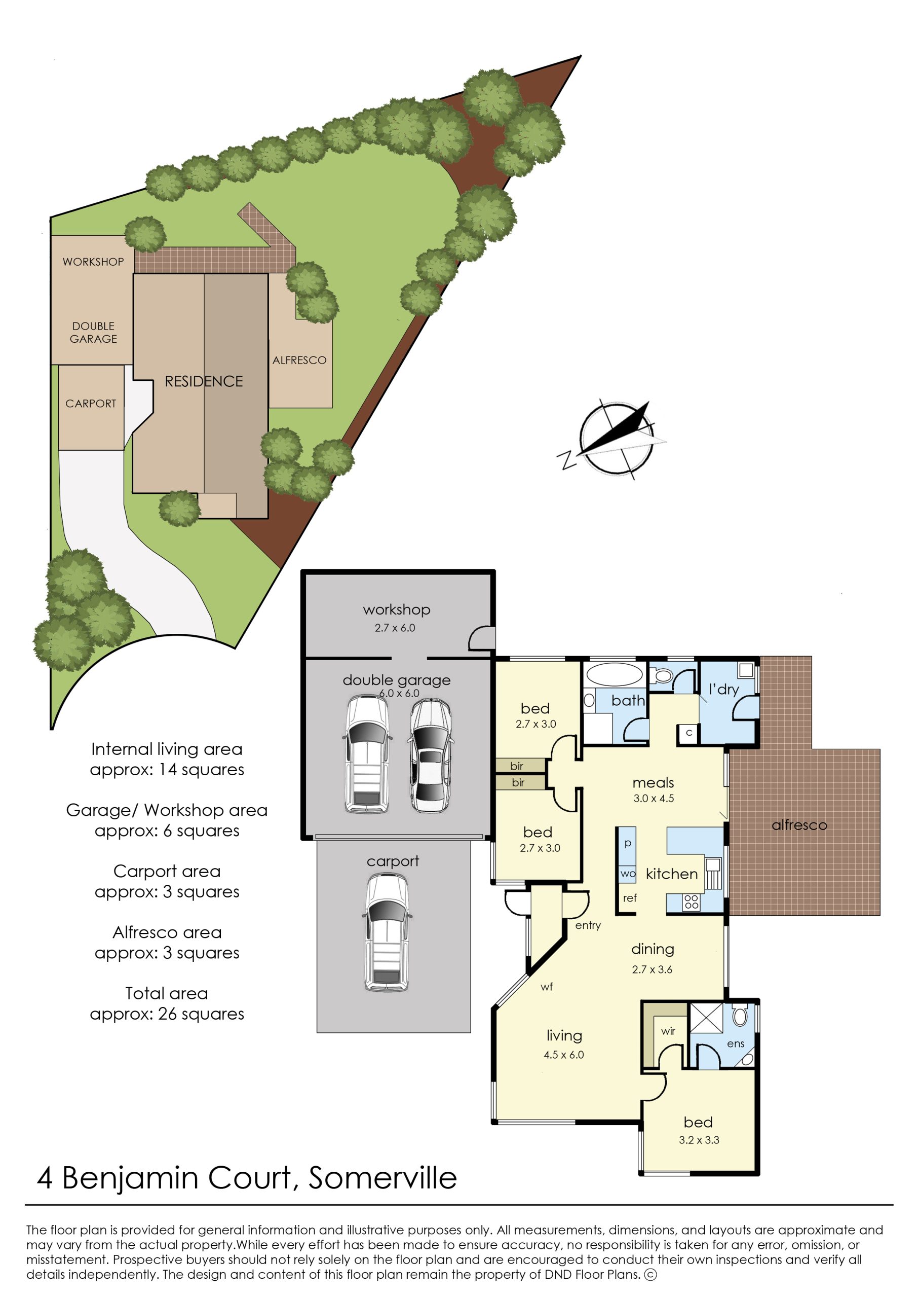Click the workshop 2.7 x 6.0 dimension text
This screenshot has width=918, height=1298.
[395, 628]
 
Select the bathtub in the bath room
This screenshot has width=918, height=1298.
[614, 674]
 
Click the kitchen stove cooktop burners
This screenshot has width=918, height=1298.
[691, 903]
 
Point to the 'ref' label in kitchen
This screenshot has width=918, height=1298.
[630, 898]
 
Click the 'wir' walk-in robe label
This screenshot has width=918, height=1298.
[668, 1031]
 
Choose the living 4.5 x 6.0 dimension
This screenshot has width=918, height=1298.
[563, 1055]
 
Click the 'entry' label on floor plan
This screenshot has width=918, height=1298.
[588, 925]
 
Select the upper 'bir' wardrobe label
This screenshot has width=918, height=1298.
[517, 766]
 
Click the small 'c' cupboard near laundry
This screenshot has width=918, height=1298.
[688, 733]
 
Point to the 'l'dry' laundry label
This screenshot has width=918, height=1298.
[723, 690]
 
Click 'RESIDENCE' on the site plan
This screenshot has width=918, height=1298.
[204, 381]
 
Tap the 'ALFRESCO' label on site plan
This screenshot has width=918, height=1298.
[299, 360]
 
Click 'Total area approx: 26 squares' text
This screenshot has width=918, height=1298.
[167, 1003]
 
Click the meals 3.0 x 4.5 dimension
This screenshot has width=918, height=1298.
[654, 799]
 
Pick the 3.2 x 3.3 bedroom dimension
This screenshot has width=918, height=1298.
[699, 1140]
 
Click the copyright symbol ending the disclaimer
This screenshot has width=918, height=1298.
[651, 1274]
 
